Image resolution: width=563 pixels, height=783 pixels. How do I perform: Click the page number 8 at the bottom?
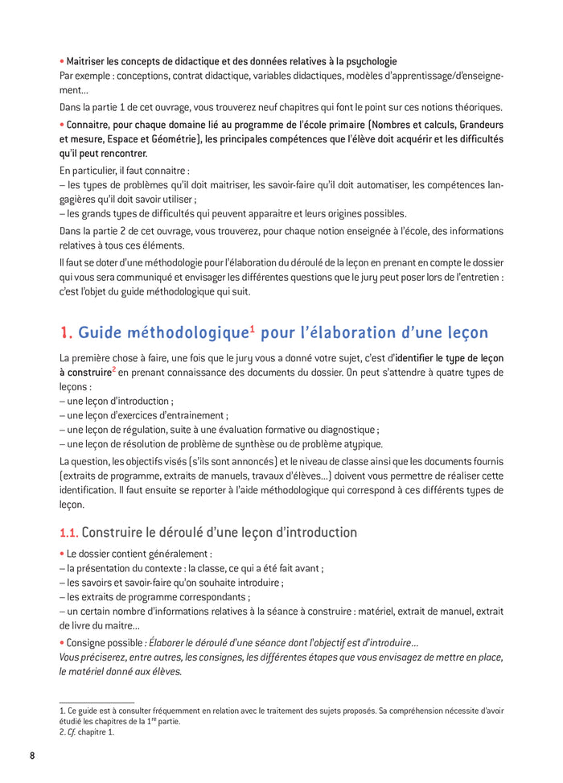tap(32, 756)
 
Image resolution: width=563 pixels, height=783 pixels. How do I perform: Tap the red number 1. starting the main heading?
tap(67, 332)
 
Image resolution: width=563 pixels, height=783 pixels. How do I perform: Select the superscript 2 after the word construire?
tap(114, 369)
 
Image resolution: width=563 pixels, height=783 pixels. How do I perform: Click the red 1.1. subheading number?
tap(68, 533)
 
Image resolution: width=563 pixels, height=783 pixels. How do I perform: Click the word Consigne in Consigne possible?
tap(87, 643)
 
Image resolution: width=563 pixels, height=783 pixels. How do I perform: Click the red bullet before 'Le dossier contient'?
tap(62, 554)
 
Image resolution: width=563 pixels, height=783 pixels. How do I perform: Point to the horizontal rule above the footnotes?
tap(97, 703)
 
